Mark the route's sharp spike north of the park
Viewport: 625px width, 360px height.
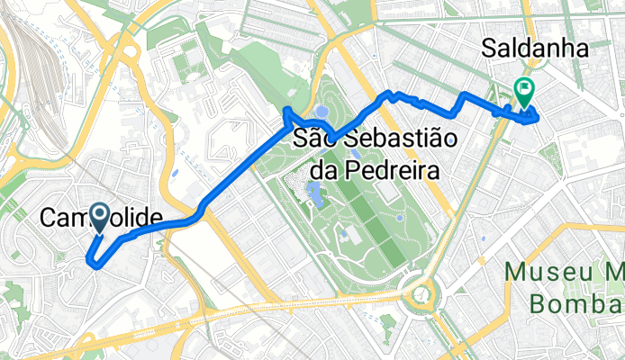point(286,112)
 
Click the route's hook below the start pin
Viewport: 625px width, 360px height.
point(93,261)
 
